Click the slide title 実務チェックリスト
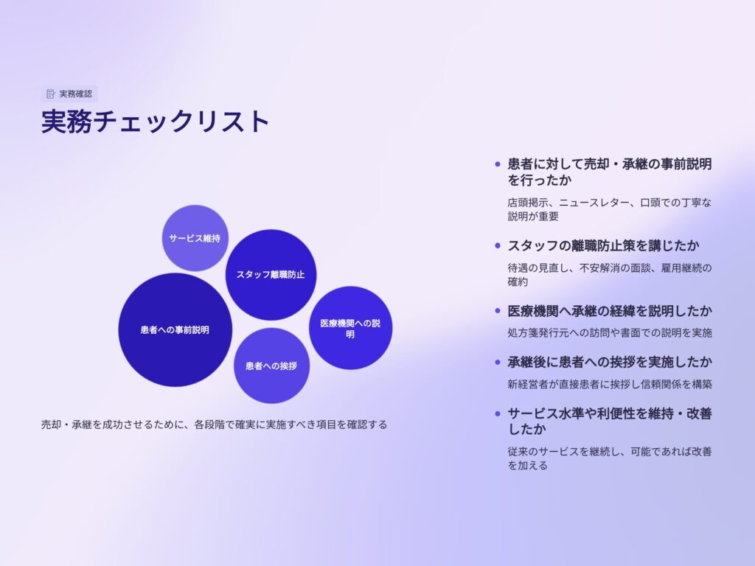click(155, 122)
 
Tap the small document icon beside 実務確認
click(51, 94)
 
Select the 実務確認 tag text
click(76, 94)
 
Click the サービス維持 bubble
click(195, 238)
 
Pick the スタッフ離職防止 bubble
click(271, 275)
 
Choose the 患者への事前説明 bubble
click(175, 329)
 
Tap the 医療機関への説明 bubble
click(350, 328)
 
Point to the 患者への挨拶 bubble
click(271, 366)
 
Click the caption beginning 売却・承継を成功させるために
click(215, 424)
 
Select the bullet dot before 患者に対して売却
click(498, 164)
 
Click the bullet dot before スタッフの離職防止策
click(498, 245)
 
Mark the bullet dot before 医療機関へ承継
click(498, 311)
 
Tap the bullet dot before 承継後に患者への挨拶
click(498, 362)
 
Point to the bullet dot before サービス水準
click(498, 413)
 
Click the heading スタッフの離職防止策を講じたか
click(603, 245)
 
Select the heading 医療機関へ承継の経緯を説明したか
click(610, 311)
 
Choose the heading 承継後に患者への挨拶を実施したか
click(610, 362)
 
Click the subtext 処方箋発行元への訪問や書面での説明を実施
click(610, 332)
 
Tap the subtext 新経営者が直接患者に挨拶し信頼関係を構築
click(610, 384)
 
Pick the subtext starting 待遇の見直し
click(610, 275)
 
